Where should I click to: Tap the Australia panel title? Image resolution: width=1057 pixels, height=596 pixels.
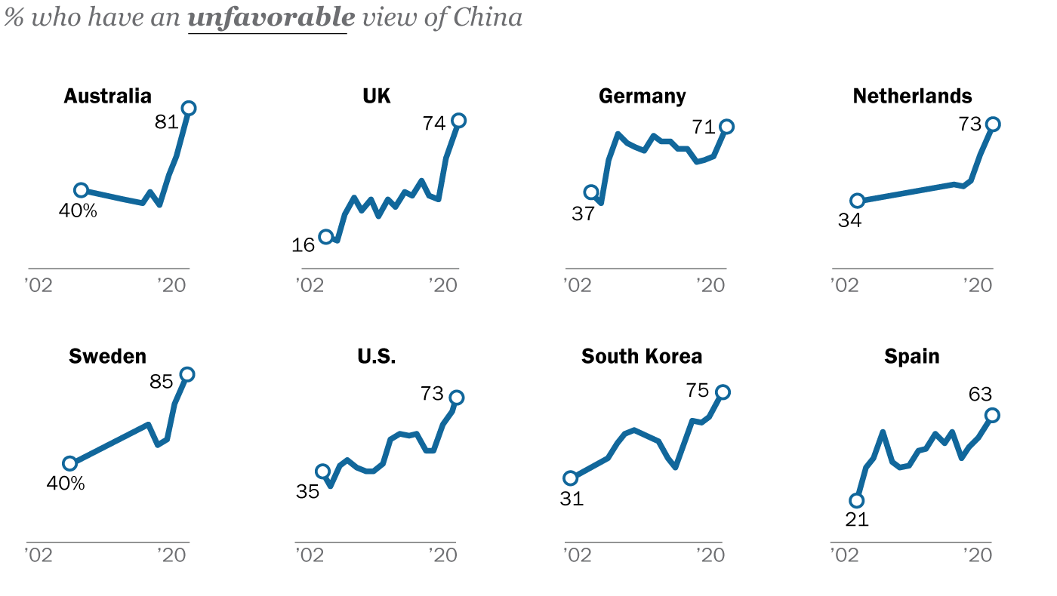(107, 96)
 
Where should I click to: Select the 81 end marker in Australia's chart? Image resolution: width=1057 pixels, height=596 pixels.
(189, 108)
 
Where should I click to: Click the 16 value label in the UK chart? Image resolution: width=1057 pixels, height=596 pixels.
(304, 244)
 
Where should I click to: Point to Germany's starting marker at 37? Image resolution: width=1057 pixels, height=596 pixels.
(591, 192)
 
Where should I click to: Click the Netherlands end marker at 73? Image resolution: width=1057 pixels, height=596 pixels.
(993, 124)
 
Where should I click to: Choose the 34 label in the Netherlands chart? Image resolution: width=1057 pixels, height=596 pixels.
(849, 221)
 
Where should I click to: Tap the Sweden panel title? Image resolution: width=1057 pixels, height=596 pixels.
(107, 356)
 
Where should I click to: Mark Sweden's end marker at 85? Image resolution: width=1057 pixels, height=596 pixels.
(187, 374)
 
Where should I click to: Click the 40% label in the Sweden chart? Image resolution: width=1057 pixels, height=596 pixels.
(66, 483)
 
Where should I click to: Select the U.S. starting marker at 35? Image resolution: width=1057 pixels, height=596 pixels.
(322, 472)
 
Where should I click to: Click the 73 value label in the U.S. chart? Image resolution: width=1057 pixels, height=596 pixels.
(433, 393)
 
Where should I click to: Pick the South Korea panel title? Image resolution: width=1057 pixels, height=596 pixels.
(642, 356)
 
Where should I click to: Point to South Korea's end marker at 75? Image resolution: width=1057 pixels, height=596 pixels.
(723, 392)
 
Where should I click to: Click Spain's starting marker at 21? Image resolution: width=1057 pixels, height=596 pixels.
(856, 500)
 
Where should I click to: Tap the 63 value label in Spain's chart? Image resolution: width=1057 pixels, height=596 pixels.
(980, 394)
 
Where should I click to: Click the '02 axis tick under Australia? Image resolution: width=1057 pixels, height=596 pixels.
(38, 284)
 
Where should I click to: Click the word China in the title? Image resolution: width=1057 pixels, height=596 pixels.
(487, 17)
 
